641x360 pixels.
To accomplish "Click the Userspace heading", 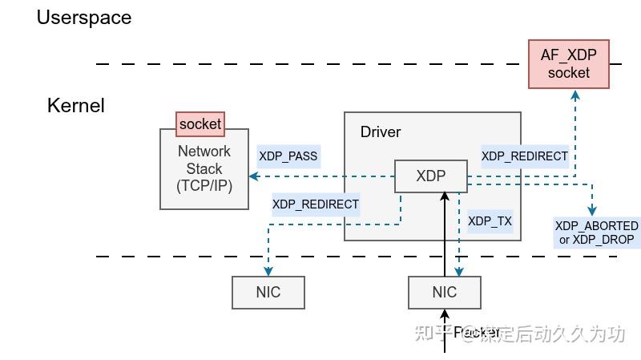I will [x=83, y=17].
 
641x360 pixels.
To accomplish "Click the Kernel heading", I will [x=75, y=105].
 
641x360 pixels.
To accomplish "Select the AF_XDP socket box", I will [x=568, y=63].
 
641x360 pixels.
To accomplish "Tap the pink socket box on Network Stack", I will [x=200, y=124].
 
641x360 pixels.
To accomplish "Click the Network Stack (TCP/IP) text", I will [x=204, y=169].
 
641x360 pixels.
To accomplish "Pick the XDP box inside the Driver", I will [x=431, y=176].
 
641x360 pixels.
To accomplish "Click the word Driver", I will [x=381, y=132].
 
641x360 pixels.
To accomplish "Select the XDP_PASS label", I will [x=288, y=156].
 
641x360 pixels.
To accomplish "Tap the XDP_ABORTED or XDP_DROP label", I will [x=596, y=233].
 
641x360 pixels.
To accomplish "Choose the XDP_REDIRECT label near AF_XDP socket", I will [x=525, y=156].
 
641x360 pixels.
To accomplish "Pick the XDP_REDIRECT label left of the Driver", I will [x=316, y=204].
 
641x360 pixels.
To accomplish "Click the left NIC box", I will [x=268, y=292].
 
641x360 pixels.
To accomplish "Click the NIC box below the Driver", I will [x=445, y=292].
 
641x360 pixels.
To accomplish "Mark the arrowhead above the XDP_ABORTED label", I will [x=592, y=210].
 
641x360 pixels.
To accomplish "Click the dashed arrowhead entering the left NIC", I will [x=268, y=271].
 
